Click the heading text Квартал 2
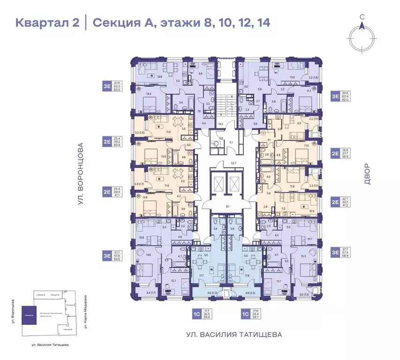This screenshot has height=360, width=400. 47,22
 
